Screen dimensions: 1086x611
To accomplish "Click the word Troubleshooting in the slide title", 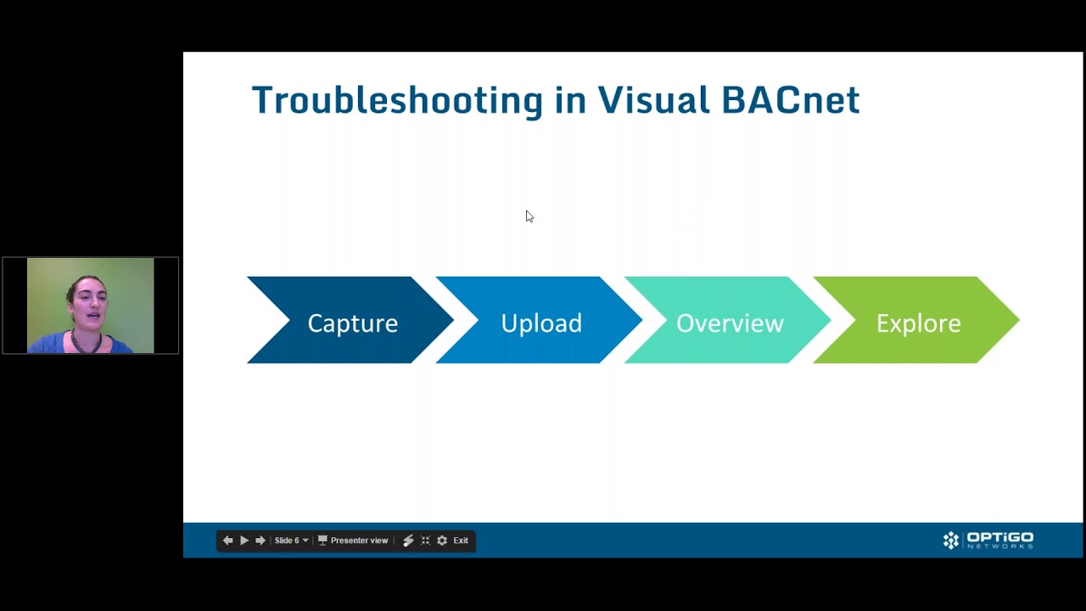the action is click(397, 101).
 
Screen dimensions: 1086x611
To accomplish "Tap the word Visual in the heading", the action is click(653, 100).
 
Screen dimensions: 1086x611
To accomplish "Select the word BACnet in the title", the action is click(791, 100).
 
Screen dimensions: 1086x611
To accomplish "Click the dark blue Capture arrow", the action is click(350, 320).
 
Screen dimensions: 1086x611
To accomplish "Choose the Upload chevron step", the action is click(539, 320).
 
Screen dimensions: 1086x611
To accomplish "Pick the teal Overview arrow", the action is click(728, 320).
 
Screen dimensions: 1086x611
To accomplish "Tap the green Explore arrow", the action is click(916, 320).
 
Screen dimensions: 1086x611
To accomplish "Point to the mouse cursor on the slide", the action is click(529, 216).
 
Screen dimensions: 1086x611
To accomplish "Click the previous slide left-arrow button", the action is click(228, 541).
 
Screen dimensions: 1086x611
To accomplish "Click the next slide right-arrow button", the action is click(260, 541).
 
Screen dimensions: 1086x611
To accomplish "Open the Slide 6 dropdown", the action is click(291, 541).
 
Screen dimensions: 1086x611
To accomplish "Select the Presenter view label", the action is click(359, 541).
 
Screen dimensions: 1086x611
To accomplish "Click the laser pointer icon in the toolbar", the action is click(408, 541).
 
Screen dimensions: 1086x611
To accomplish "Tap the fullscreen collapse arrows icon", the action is click(426, 541).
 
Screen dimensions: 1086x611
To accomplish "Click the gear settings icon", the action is click(442, 541).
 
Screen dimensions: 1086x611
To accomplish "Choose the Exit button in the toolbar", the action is click(461, 541).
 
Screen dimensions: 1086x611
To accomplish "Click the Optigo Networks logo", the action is click(988, 541).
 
